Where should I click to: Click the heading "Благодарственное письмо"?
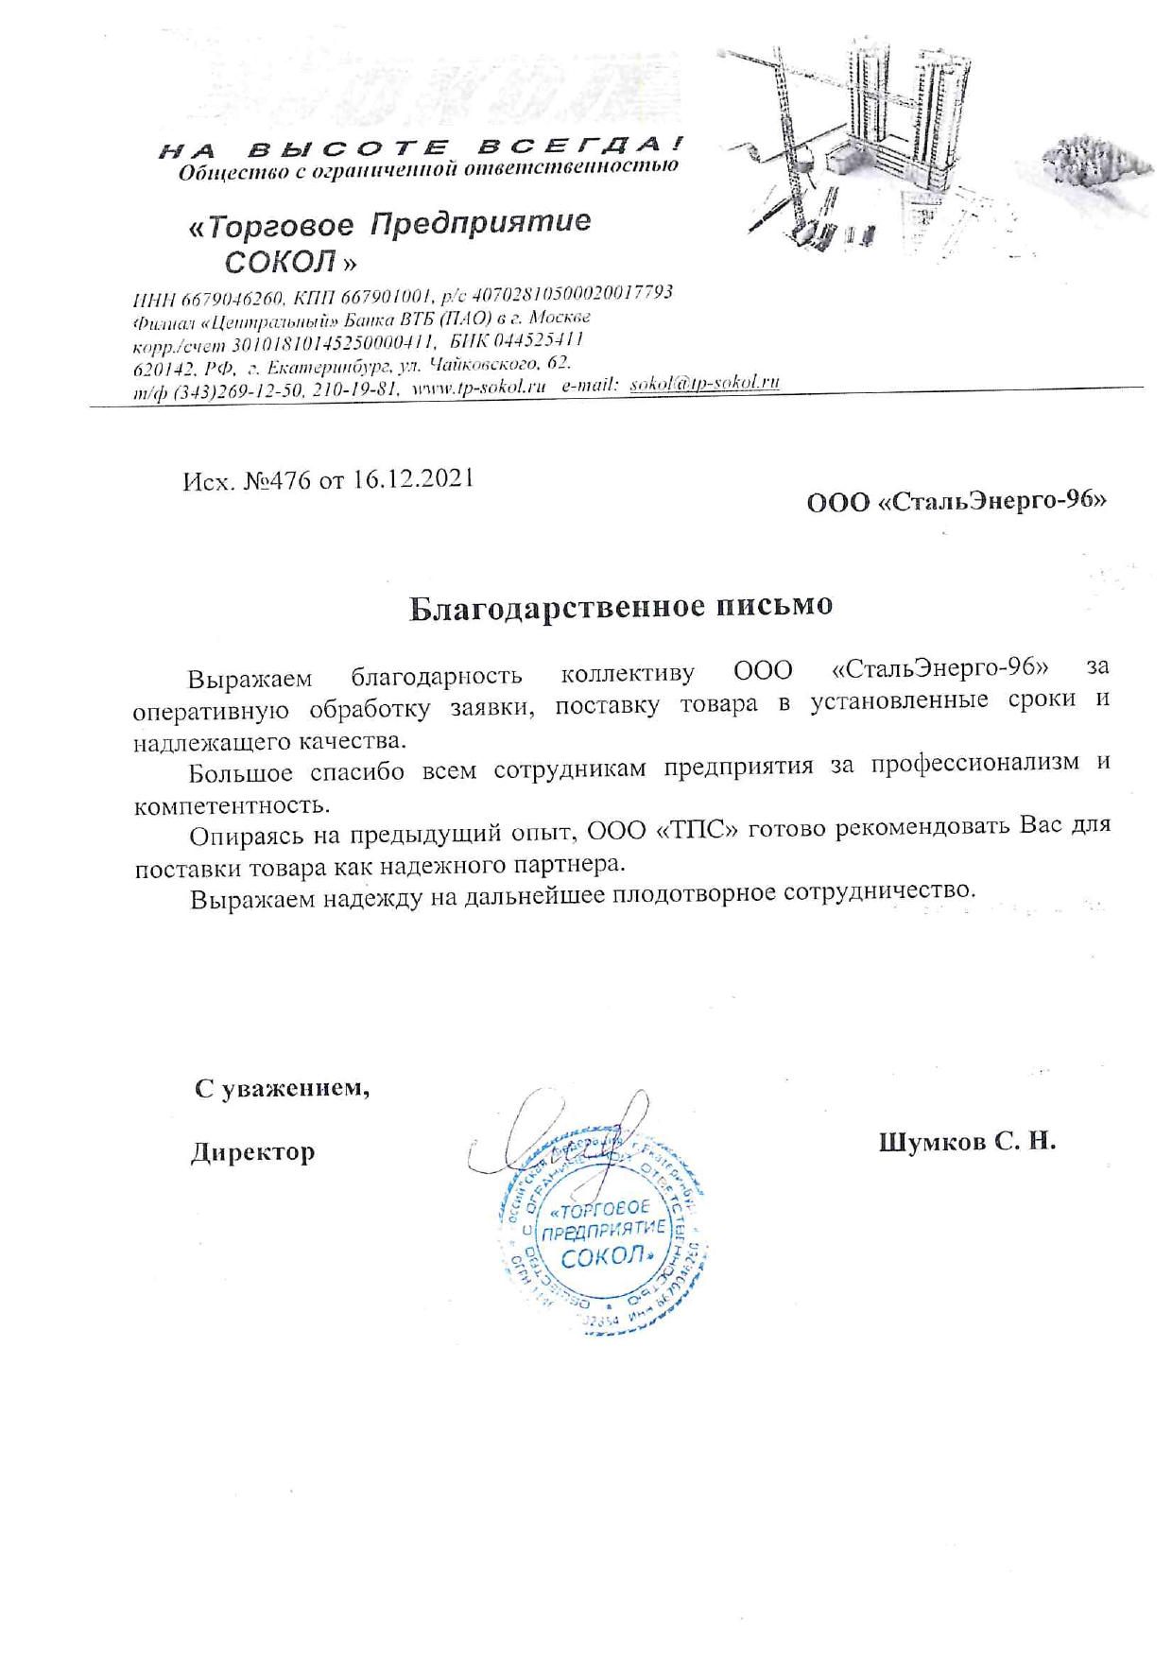621,607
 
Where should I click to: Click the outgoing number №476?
277,480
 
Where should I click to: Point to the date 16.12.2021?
413,478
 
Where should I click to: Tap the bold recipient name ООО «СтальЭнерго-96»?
957,501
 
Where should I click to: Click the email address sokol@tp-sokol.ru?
704,383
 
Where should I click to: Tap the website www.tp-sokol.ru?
479,387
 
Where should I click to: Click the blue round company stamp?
603,1234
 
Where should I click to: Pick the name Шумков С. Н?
967,1142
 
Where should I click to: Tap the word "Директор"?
252,1152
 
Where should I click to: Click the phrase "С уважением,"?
282,1088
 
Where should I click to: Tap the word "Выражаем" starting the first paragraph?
250,679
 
